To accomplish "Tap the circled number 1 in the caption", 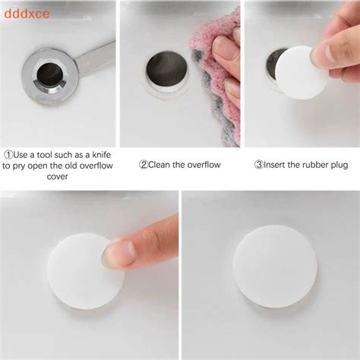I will tap(9, 153).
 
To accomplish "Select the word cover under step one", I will tap(57, 175).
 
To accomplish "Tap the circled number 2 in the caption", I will tap(143, 164).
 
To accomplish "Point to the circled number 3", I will tap(258, 164).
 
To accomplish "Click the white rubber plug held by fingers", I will tap(301, 71).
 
